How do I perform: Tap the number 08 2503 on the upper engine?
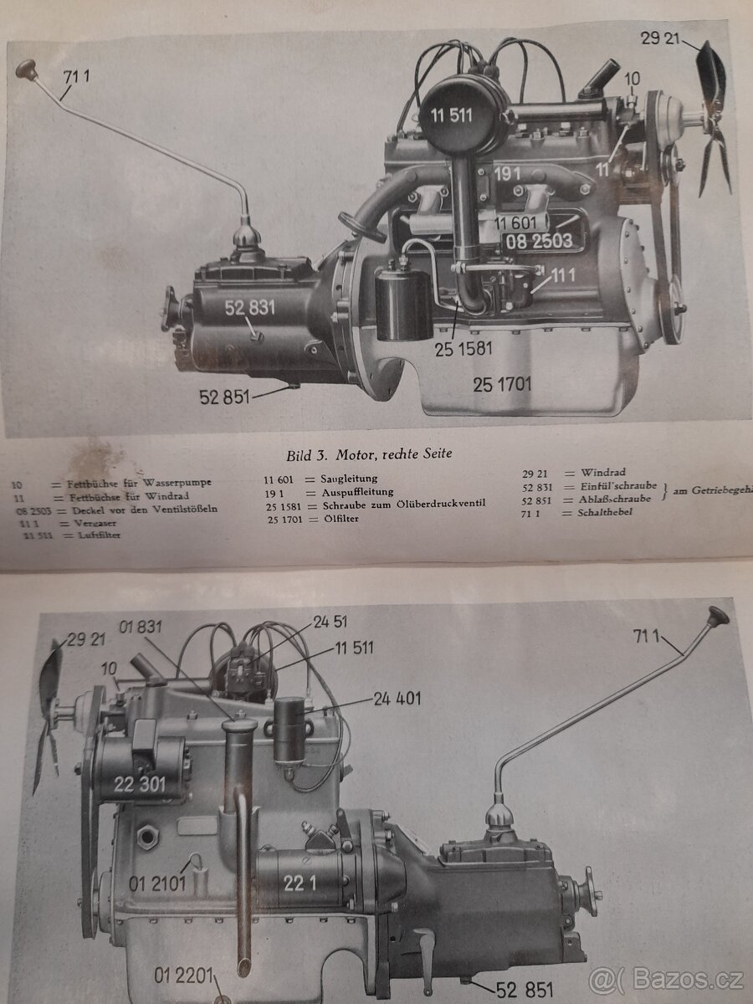pos(540,242)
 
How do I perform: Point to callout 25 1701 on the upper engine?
pos(501,385)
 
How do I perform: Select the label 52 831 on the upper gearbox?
pos(249,308)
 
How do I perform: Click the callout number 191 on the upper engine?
pos(507,174)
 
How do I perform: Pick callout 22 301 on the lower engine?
pos(139,784)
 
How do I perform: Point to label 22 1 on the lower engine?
pos(299,860)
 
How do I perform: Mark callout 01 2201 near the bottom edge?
pos(184,976)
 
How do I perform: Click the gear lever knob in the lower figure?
pos(717,617)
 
